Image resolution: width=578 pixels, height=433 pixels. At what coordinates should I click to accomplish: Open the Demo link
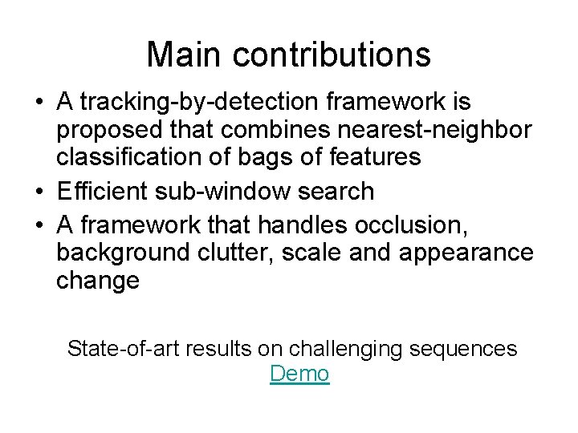coord(299,374)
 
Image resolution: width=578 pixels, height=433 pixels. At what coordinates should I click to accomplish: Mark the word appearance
coord(466,253)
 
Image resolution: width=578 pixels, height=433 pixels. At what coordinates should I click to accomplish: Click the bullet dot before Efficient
coord(39,192)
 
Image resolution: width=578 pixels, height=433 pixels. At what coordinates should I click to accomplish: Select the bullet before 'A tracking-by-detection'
coord(39,103)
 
